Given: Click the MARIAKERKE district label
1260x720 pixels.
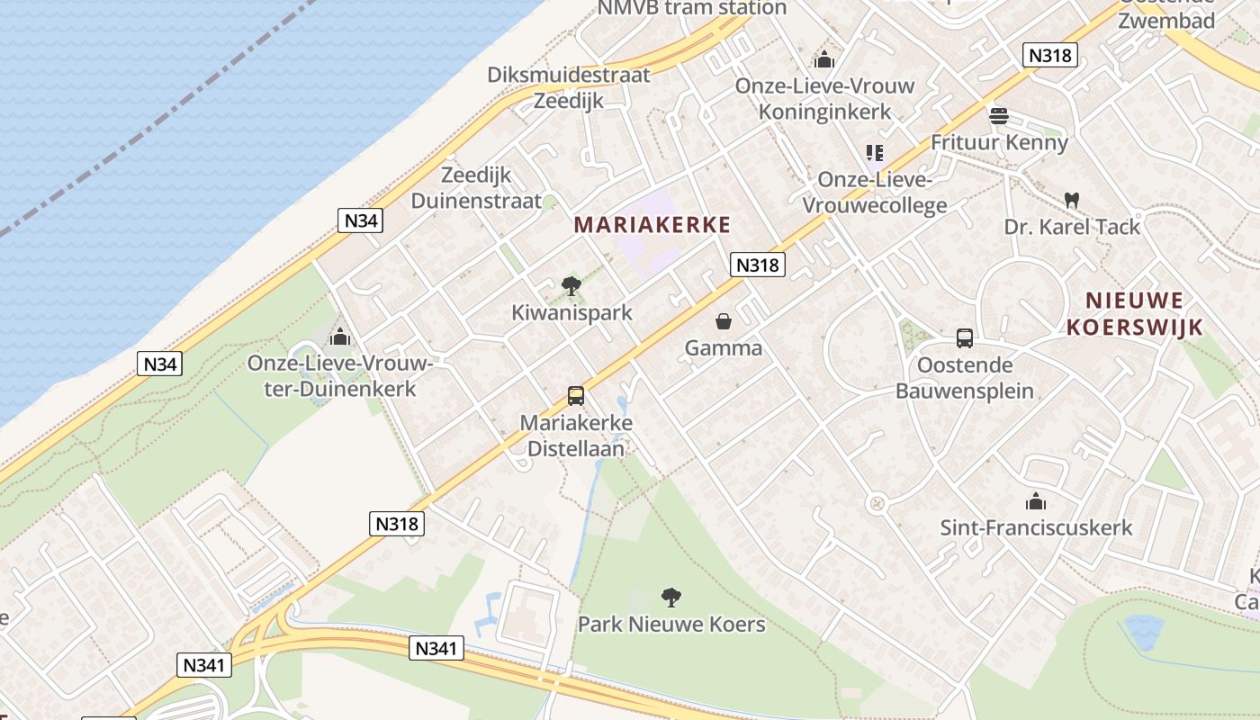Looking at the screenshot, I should point(652,225).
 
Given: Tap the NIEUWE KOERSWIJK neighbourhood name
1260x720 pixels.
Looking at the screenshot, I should point(1135,313).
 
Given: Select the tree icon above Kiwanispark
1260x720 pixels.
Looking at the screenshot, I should point(571,287).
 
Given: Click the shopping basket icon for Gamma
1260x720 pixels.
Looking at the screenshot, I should point(724,321).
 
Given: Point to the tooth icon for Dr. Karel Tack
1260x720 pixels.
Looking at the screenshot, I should point(1071,200).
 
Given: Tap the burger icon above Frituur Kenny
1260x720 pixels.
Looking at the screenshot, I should point(998,116).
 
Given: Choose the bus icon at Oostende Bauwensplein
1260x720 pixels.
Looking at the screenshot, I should point(964,338).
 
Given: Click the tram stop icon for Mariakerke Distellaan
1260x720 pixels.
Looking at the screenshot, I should point(576,396).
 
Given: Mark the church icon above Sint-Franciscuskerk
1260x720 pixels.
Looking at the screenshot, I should point(1036,501).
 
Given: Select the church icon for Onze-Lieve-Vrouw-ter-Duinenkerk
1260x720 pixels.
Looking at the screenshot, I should point(340,337).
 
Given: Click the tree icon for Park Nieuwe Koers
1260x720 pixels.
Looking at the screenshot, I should point(670,597).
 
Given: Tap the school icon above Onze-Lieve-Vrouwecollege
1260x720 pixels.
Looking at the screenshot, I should point(875,153).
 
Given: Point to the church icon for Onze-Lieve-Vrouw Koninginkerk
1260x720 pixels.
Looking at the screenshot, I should point(823,60).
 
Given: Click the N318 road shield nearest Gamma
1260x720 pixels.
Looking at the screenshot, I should point(758,265).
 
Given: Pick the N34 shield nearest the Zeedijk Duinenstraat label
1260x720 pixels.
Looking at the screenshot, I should point(360,220).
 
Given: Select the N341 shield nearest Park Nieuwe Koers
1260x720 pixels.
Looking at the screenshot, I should point(436,647).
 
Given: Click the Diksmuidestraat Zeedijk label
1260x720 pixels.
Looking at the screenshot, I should point(569,87).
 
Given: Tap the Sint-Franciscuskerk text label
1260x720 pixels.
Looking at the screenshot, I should point(1036,527).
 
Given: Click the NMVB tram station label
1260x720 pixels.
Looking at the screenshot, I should point(693,8).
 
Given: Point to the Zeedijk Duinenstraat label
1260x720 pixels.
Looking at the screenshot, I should point(476,188).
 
